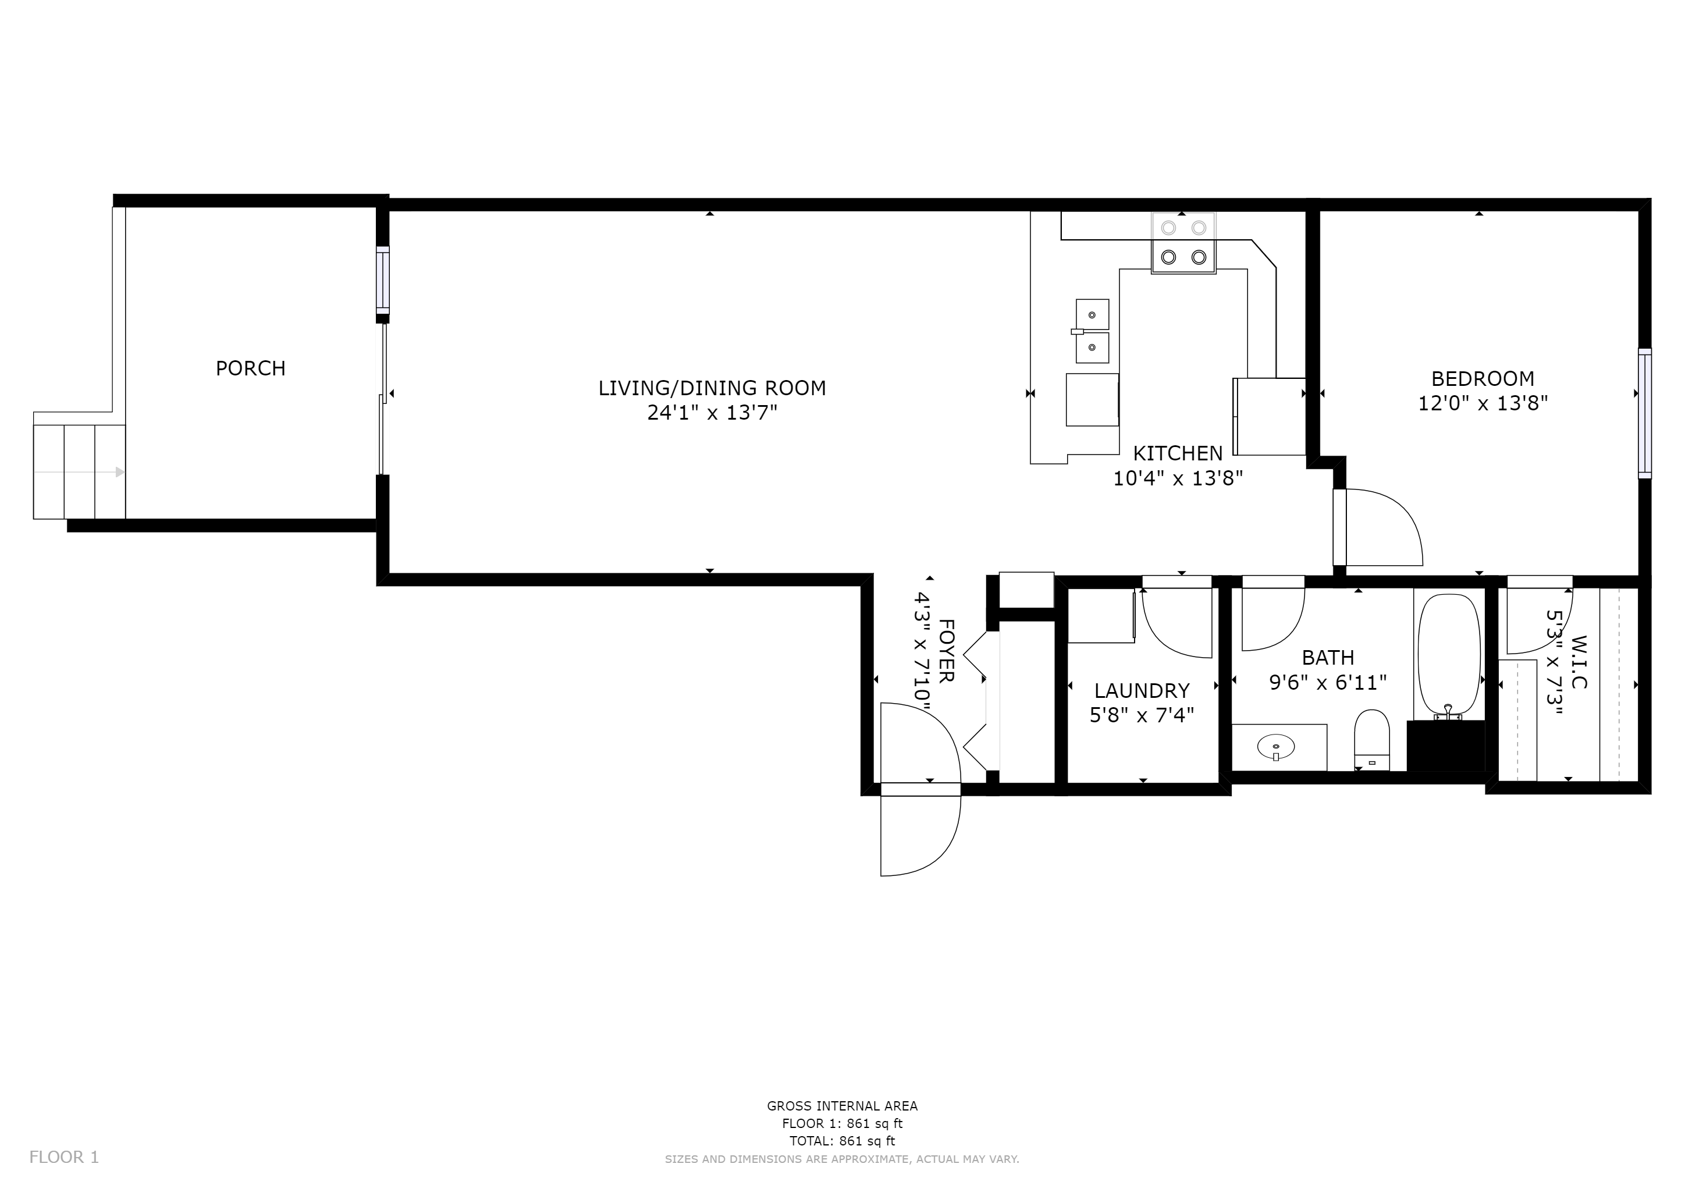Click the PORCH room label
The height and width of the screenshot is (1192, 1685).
tap(250, 368)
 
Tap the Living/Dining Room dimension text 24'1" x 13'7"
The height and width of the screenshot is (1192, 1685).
tap(711, 413)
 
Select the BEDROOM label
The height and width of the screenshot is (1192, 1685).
tap(1483, 379)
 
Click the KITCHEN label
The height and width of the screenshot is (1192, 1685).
tap(1178, 453)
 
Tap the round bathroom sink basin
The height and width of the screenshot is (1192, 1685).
tap(1276, 748)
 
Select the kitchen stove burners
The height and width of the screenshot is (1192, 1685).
tap(1183, 243)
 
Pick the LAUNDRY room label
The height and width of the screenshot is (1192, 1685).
tap(1141, 691)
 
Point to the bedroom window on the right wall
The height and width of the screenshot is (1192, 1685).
tap(1645, 413)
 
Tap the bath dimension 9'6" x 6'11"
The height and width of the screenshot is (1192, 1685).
tap(1328, 683)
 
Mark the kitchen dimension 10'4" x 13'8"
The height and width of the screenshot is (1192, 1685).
tap(1178, 478)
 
